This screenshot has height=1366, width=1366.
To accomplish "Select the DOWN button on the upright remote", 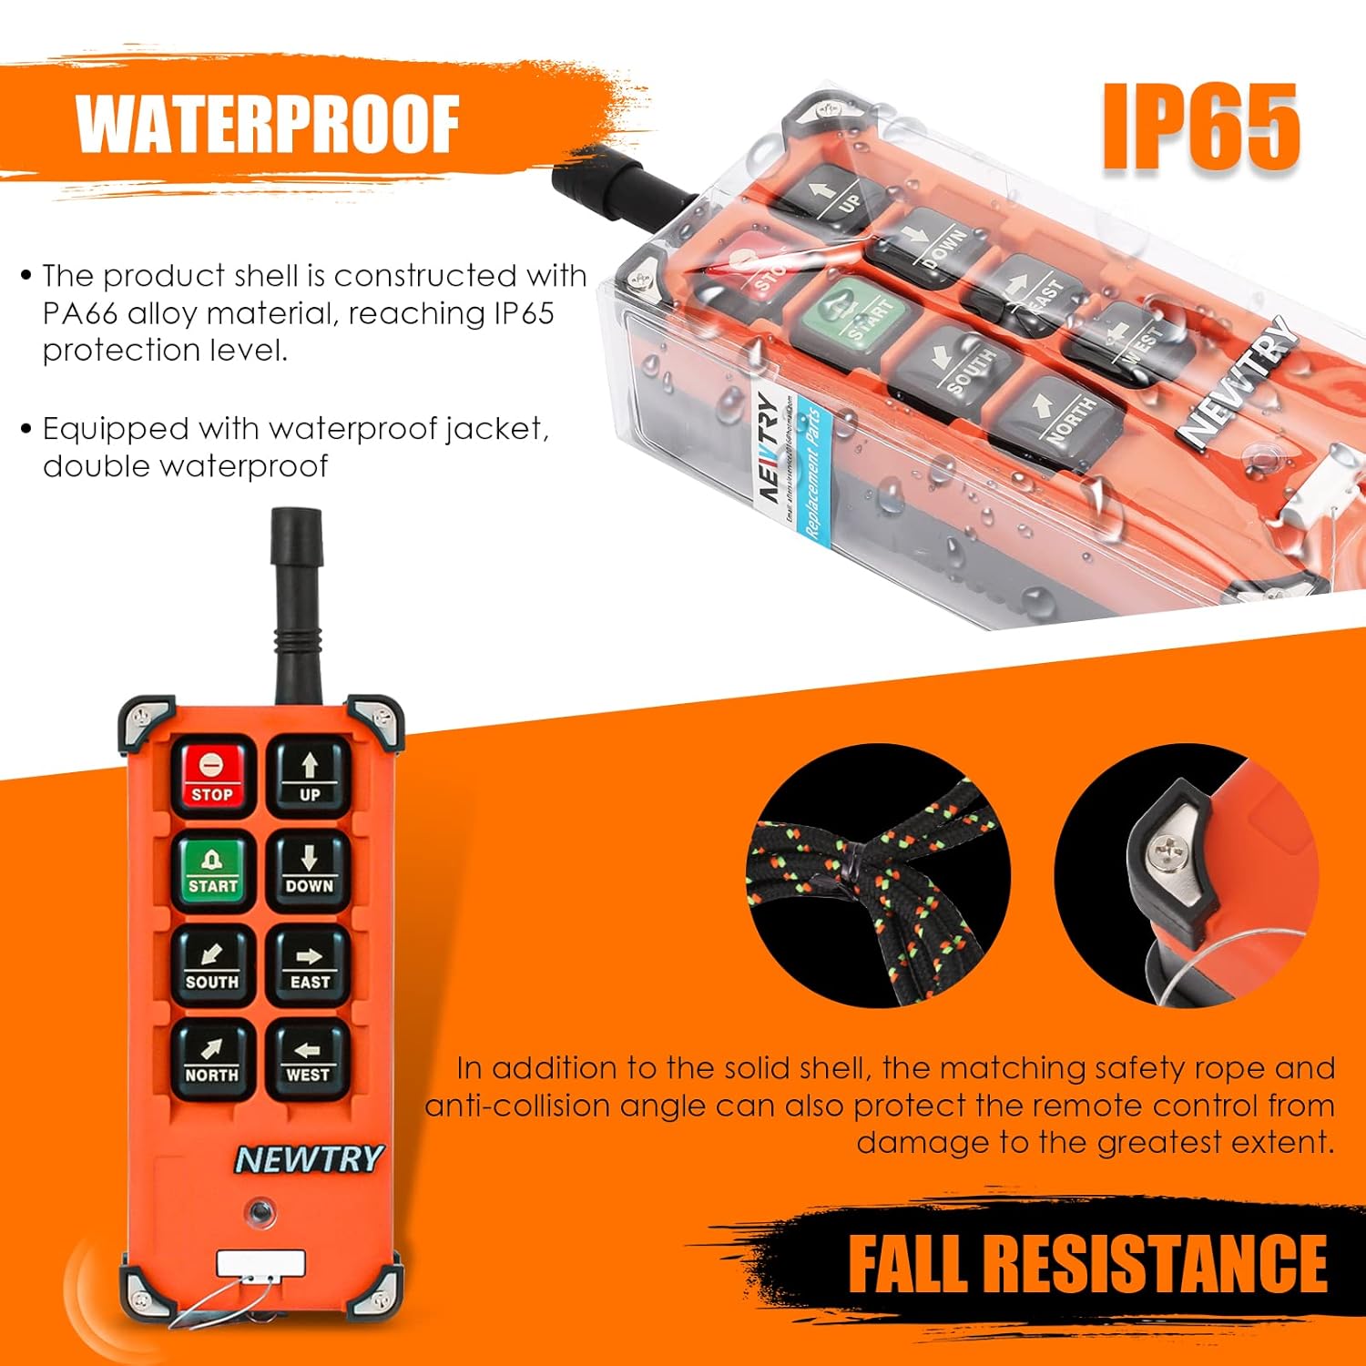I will (309, 870).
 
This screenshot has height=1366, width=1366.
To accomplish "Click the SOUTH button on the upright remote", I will (212, 966).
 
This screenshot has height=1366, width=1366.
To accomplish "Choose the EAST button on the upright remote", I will (309, 966).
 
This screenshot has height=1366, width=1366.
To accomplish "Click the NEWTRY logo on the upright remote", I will (309, 1158).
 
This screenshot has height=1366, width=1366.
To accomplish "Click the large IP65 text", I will (1201, 127).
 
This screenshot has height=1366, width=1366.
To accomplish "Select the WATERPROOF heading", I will (268, 125).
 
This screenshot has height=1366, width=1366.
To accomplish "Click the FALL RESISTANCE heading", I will (1087, 1263).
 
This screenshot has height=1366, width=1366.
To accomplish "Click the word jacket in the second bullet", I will (496, 428).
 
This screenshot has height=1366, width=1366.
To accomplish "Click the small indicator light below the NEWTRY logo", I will (261, 1212).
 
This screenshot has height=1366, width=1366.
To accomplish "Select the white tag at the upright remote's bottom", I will (260, 1263).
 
